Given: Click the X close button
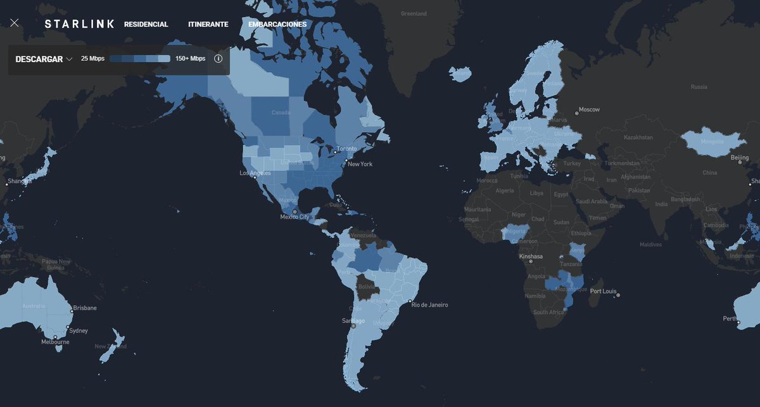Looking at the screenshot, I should (15, 23).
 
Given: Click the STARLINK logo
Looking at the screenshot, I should (79, 24).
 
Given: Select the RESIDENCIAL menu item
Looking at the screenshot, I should (146, 25).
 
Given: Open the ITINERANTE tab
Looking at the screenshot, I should (208, 25).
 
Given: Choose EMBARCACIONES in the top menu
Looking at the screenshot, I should (277, 25).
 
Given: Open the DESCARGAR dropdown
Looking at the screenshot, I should (44, 59).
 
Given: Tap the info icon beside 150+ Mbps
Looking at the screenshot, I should (218, 59).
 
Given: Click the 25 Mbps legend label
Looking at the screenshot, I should (92, 59).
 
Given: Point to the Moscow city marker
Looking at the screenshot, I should (576, 113).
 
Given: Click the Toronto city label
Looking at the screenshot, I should (346, 148).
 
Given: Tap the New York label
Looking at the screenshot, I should (359, 164).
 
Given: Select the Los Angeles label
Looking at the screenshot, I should (255, 173).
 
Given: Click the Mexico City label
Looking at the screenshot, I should (295, 217).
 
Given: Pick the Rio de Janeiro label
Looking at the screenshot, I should (429, 304).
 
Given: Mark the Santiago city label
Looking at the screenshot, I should (353, 320).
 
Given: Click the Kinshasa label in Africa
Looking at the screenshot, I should (531, 256).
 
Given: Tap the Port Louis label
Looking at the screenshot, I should (603, 291).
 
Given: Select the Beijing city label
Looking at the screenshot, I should (740, 157).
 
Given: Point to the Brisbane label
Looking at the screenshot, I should (85, 308).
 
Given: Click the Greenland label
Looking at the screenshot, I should (414, 13).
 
